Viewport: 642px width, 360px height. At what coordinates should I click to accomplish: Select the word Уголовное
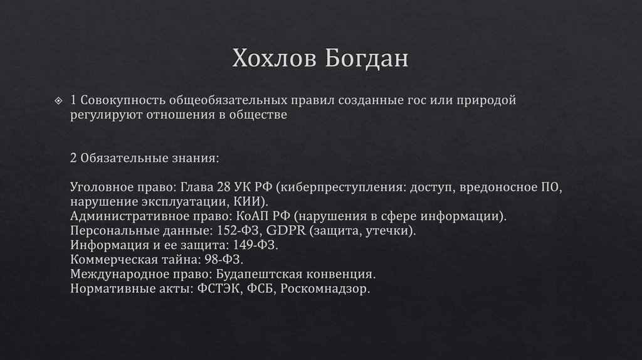click(x=100, y=187)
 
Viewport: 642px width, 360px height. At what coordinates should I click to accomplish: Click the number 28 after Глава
click(x=223, y=187)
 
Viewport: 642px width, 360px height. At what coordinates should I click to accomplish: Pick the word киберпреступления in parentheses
click(x=340, y=187)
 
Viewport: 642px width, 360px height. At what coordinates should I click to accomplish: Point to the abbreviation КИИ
click(x=252, y=201)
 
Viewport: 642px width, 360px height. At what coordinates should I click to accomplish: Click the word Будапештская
click(x=260, y=274)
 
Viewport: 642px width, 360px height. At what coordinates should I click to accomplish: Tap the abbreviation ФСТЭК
click(x=217, y=289)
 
